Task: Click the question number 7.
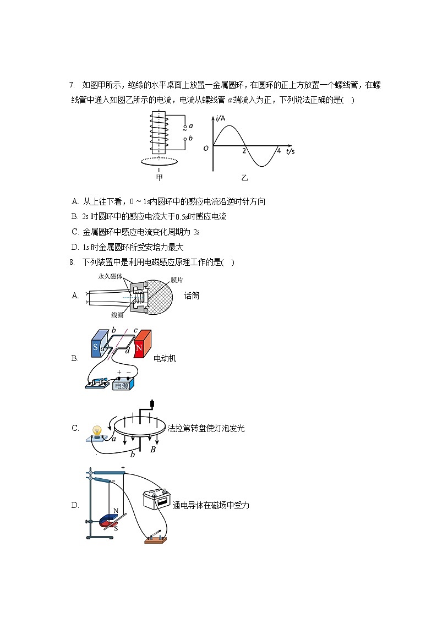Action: point(72,85)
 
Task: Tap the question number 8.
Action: point(72,262)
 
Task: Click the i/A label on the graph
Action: point(221,118)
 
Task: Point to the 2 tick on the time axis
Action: point(244,150)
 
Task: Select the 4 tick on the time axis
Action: point(278,150)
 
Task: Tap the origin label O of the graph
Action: point(206,148)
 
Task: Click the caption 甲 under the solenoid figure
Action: point(160,177)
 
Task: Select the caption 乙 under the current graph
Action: point(244,177)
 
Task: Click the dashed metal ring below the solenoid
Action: point(160,162)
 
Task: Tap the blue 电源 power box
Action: point(123,386)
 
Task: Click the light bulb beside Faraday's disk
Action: point(97,431)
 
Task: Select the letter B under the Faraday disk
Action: point(153,450)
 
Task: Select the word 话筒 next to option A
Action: point(192,296)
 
